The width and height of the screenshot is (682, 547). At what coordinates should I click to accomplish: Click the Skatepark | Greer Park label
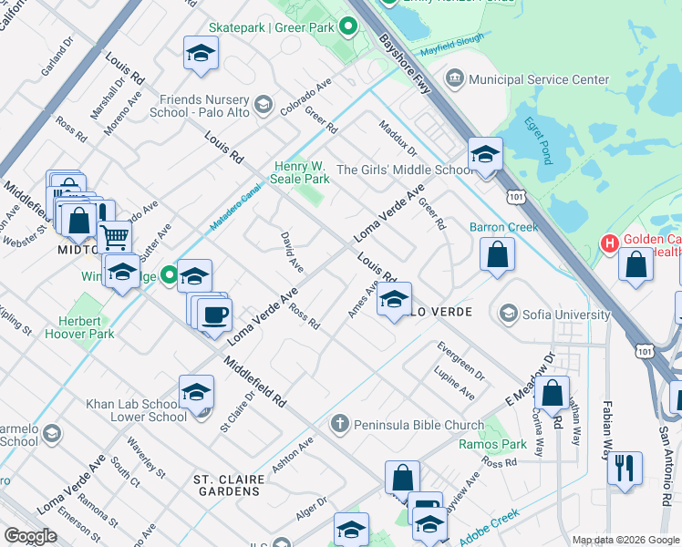tap(273, 28)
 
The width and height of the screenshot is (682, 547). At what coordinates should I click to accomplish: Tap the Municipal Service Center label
tap(545, 80)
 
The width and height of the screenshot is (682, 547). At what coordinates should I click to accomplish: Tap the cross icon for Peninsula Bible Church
tap(339, 424)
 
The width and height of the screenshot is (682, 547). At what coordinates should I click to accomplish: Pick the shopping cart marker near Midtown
tap(115, 237)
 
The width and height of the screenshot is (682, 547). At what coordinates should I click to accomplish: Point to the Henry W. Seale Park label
tap(302, 172)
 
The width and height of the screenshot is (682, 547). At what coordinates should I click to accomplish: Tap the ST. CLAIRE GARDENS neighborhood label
tap(228, 485)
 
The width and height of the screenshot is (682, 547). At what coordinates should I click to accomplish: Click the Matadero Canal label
tap(237, 201)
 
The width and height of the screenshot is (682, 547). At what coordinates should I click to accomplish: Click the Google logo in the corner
tap(30, 536)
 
